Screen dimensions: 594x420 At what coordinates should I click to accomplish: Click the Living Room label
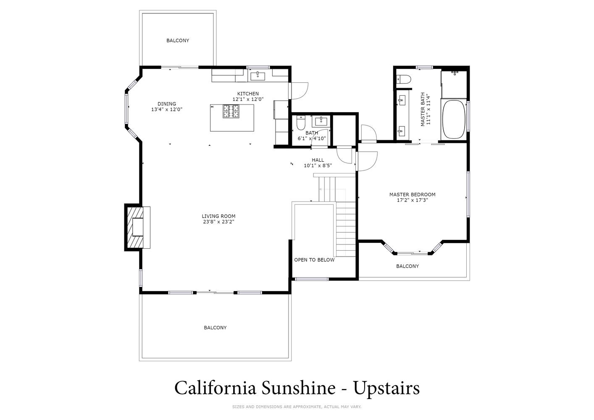(218, 216)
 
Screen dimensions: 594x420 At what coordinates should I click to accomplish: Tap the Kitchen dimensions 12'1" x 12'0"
(248, 99)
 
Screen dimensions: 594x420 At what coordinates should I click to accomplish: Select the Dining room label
(166, 104)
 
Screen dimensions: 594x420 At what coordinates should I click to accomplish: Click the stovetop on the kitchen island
(231, 111)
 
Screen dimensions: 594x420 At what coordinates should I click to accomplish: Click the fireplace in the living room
(137, 227)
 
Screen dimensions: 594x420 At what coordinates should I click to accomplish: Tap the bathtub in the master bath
(454, 119)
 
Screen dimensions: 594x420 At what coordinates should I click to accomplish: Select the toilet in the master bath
(404, 79)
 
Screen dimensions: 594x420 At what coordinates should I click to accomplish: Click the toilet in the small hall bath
(301, 123)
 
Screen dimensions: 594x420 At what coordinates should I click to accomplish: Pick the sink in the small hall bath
(321, 121)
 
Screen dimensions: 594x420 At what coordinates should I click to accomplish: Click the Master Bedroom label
(413, 194)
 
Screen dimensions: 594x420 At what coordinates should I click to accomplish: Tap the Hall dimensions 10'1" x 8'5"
(318, 165)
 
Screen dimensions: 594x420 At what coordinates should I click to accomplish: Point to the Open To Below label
(314, 260)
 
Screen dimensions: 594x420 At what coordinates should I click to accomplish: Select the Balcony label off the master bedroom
(407, 266)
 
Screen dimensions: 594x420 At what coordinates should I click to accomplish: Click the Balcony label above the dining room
(178, 40)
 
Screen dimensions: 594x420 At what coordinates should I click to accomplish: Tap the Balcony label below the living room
(215, 328)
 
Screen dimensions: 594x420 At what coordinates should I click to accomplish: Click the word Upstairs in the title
(386, 389)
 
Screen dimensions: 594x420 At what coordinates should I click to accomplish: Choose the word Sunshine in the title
(299, 388)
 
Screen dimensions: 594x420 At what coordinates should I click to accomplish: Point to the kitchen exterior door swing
(300, 91)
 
